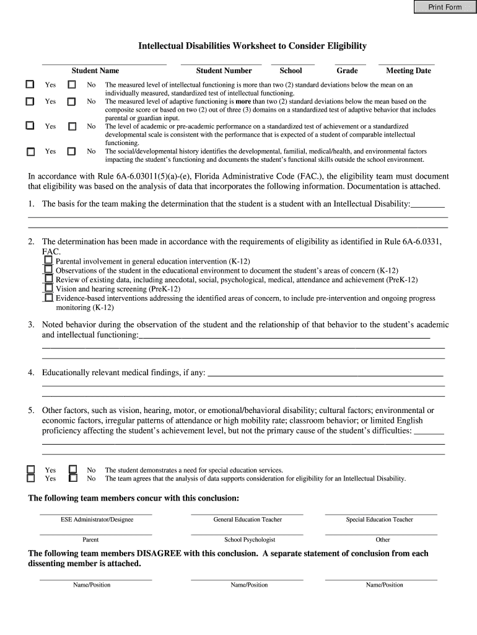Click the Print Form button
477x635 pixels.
[x=445, y=7]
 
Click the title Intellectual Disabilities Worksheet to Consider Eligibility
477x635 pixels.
[x=252, y=46]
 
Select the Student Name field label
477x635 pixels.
[x=95, y=71]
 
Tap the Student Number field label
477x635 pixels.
[x=224, y=71]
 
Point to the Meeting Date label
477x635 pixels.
[x=408, y=71]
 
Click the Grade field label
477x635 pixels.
[x=347, y=71]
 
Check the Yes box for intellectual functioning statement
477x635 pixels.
[x=30, y=84]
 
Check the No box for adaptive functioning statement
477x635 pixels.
[x=72, y=101]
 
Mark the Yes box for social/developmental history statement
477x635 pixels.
[x=30, y=151]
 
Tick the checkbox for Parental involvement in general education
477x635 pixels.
[x=48, y=261]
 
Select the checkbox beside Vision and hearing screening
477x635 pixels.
[x=48, y=288]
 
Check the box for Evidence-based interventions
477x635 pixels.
[x=48, y=298]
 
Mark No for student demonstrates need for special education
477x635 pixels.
[x=72, y=469]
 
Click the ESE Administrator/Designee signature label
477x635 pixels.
[x=97, y=520]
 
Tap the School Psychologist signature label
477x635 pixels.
[x=250, y=540]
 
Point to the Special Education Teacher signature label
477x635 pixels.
[x=379, y=520]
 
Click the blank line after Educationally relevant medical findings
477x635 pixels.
[x=325, y=373]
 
